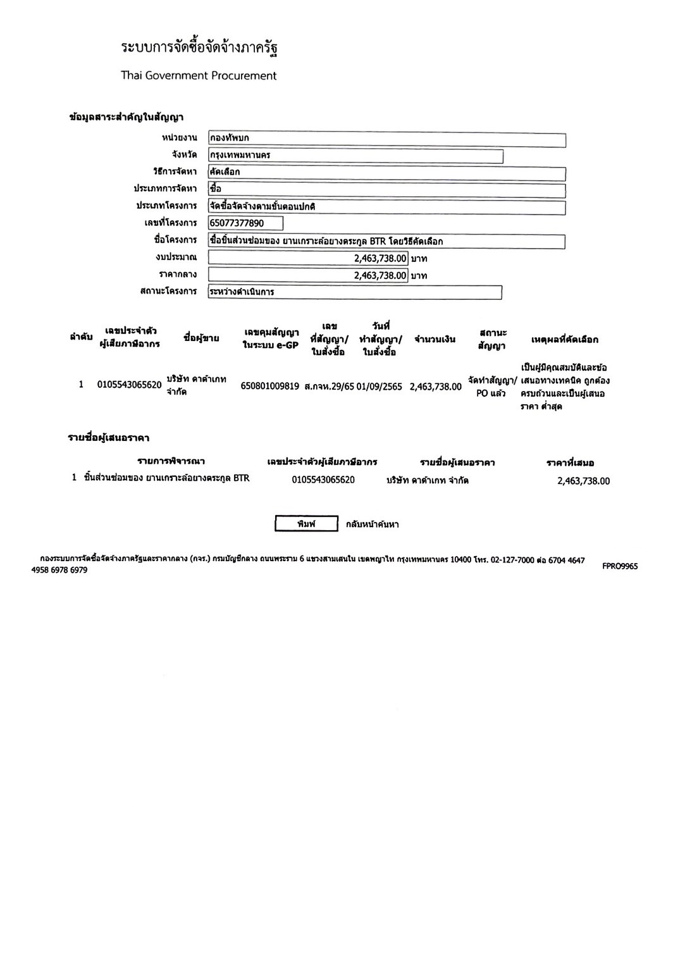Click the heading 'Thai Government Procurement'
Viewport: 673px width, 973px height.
[199, 76]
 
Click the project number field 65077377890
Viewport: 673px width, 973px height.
[245, 223]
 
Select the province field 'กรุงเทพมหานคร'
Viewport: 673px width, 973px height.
[355, 156]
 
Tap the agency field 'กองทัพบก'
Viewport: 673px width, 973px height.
[386, 139]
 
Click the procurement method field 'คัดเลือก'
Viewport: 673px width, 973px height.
[386, 173]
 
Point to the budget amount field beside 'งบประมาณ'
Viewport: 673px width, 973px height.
[307, 258]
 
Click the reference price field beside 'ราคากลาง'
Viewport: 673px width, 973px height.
[307, 275]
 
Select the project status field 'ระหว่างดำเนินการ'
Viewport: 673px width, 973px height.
[355, 292]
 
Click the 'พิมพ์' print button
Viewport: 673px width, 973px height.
[306, 524]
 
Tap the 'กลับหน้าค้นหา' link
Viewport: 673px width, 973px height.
[372, 524]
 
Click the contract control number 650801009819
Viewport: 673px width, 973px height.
[269, 387]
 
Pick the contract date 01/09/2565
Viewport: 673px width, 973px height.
[379, 387]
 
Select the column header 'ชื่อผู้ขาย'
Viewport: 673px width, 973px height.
[201, 338]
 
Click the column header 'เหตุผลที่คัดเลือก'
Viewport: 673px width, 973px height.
[564, 340]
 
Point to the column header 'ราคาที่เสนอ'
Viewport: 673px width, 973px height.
[570, 463]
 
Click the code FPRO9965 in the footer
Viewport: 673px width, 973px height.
[620, 566]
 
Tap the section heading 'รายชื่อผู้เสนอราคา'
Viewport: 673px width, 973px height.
[108, 438]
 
